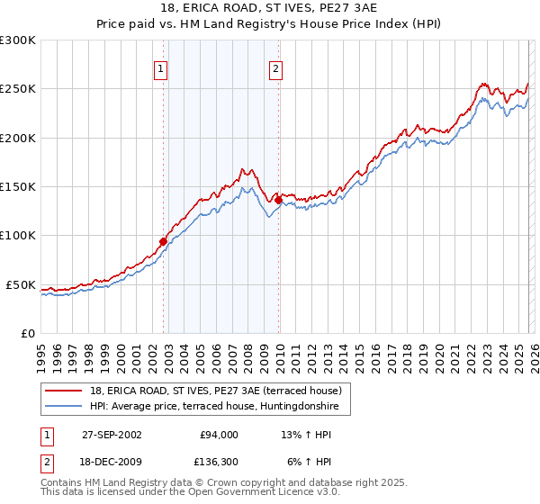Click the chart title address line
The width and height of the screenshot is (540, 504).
tap(270, 8)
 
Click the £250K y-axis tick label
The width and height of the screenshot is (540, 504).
tap(18, 89)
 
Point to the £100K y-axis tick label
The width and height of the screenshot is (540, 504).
tap(18, 236)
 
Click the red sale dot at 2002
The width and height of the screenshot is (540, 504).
tap(163, 241)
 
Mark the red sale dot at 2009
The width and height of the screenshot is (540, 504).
tap(278, 200)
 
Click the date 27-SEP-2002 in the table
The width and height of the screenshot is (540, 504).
tap(112, 435)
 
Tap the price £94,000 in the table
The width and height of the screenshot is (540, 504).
tap(219, 435)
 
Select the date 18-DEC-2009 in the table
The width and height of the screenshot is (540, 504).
tap(112, 462)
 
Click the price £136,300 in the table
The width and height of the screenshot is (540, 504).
tap(217, 462)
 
